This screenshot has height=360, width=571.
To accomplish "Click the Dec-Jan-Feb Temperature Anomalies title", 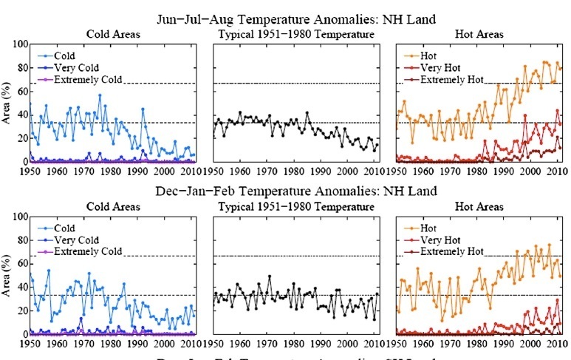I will (x=285, y=192).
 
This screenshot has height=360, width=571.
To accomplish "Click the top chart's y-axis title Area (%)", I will (x=7, y=103).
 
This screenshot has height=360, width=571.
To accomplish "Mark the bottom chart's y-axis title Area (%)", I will (x=7, y=276).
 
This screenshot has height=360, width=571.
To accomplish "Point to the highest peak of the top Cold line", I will (x=100, y=95).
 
